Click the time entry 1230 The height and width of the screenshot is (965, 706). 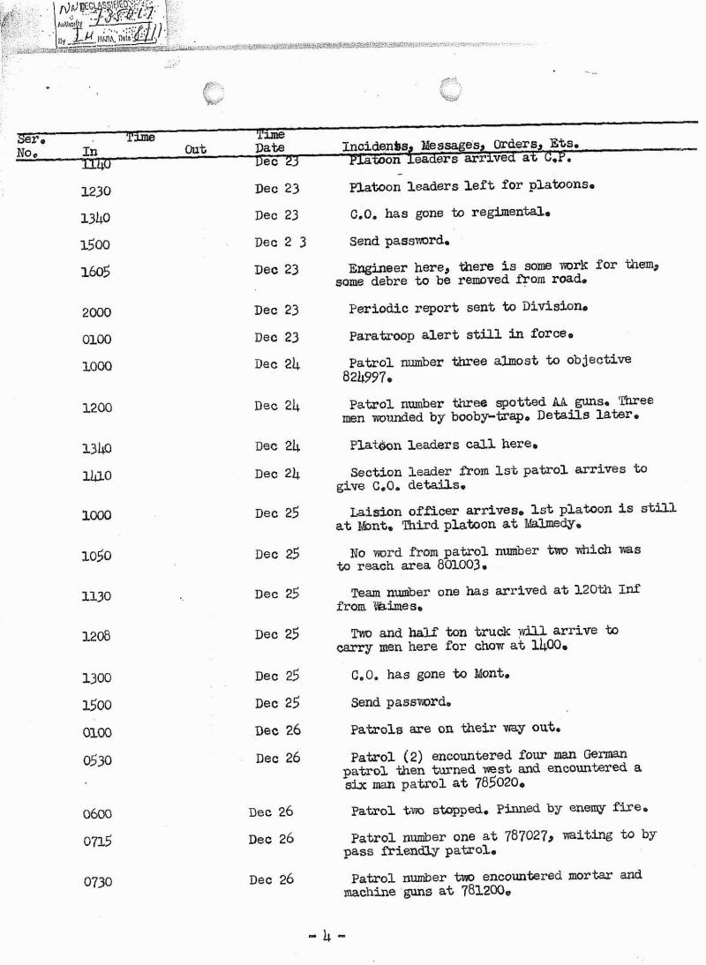click(95, 191)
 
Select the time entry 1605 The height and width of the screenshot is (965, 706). click(95, 273)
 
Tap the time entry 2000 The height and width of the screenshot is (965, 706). click(95, 312)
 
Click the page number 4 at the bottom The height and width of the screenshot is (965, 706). click(327, 934)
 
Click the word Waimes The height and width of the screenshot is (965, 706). click(387, 607)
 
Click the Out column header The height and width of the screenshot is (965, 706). click(195, 151)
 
